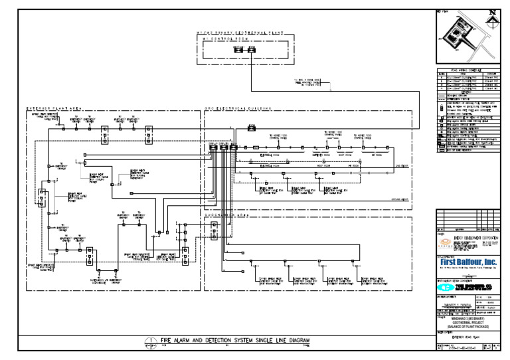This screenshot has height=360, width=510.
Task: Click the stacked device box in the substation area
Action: [213, 230]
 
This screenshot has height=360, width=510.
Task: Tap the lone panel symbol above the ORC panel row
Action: [252, 126]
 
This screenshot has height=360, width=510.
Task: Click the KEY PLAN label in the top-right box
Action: [442, 11]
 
